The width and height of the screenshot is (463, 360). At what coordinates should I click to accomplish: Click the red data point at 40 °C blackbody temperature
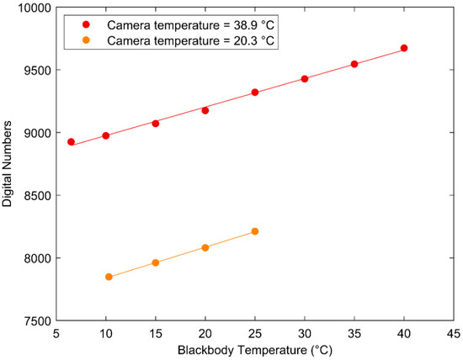click(x=404, y=48)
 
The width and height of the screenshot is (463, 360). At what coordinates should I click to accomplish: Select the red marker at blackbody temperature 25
click(x=255, y=93)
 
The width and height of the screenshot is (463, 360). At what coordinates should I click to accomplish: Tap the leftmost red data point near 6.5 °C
click(x=71, y=142)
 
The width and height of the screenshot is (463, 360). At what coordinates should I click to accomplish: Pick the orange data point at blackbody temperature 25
click(x=255, y=231)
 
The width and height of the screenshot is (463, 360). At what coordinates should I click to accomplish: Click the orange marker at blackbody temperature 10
click(x=109, y=277)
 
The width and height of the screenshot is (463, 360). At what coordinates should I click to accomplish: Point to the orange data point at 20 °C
click(x=205, y=247)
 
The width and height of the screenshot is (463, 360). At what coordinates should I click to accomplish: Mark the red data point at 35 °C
click(x=354, y=64)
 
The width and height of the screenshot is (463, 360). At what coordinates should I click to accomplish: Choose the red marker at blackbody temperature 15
click(x=156, y=124)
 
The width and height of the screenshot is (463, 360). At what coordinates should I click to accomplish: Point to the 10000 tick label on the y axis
click(x=32, y=8)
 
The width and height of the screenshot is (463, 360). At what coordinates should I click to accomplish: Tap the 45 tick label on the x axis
click(x=455, y=333)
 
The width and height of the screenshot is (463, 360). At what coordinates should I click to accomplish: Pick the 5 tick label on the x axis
click(x=56, y=333)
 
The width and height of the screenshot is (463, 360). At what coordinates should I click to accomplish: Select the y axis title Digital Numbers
click(x=8, y=164)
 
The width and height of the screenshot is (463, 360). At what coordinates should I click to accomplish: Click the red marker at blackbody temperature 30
click(x=305, y=79)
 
